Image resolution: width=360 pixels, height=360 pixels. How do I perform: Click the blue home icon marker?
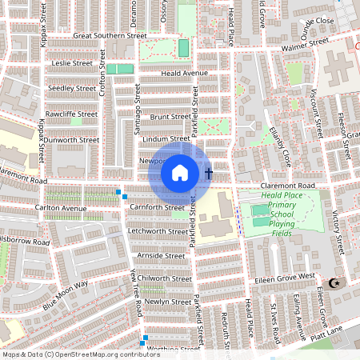180,173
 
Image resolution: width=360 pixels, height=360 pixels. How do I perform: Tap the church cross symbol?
209,173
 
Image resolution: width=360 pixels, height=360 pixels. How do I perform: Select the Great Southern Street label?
110,36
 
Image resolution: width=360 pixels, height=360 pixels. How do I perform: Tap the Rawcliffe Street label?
71,114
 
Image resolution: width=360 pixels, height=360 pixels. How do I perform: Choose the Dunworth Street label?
71,139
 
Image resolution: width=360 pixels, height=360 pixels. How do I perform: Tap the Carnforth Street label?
156,207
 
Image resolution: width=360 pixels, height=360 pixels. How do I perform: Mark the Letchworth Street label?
158,231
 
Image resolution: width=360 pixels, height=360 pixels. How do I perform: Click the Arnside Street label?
161,255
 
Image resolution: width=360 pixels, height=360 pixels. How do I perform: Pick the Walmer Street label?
304,46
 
